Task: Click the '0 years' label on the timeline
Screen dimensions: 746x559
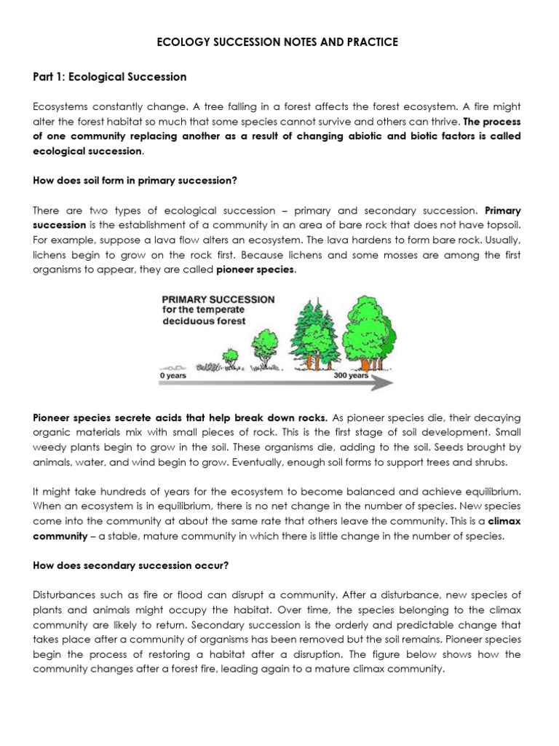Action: [173, 376]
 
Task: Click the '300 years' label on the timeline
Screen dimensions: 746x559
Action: [351, 376]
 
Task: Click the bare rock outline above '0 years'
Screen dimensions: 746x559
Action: [174, 366]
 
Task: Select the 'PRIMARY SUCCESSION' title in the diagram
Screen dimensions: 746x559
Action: [218, 299]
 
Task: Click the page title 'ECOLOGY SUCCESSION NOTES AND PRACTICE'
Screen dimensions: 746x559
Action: [279, 42]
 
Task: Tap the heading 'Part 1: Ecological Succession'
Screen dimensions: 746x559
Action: [109, 76]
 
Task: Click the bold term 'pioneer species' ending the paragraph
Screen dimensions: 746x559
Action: [255, 270]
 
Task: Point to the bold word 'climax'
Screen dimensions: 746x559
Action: [504, 522]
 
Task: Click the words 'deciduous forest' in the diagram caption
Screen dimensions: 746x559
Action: [202, 321]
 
